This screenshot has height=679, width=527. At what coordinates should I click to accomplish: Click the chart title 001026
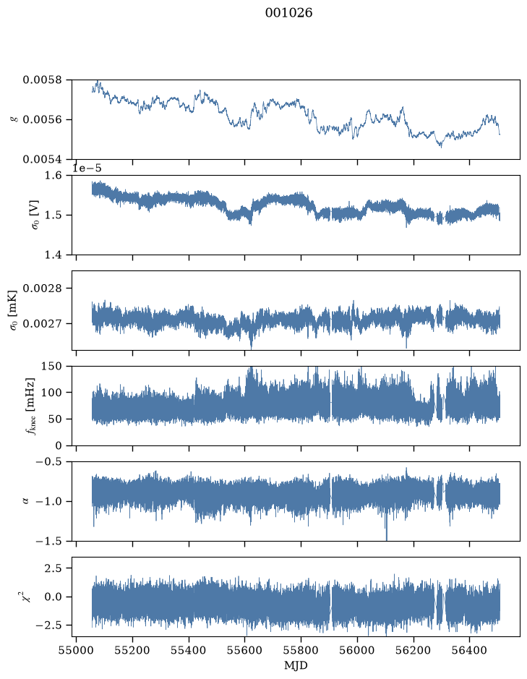(288, 13)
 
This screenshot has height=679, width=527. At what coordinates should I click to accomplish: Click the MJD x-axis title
(296, 665)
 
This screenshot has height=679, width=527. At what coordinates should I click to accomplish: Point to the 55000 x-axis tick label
(76, 651)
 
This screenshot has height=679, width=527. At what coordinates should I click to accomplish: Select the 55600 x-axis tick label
(245, 651)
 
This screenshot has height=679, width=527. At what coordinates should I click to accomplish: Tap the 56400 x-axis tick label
(470, 651)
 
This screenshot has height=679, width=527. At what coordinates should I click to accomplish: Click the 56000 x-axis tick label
(358, 651)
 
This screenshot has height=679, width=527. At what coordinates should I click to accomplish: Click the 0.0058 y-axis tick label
(43, 80)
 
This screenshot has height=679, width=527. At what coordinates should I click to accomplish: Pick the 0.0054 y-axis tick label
(43, 160)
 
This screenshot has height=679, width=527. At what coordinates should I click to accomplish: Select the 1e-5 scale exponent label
(87, 168)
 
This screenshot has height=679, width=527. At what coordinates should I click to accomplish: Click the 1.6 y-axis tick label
(53, 176)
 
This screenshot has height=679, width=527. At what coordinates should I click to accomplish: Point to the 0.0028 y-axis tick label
(43, 289)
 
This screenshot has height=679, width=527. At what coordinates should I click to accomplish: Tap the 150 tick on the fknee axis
(51, 367)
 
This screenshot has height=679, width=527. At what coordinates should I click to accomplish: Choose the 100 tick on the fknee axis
(51, 393)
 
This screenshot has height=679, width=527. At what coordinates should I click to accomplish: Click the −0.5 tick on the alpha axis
(48, 462)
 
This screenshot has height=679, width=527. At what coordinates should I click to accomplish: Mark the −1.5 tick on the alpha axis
(48, 542)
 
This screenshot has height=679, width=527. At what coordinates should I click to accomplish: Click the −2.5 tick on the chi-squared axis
(48, 625)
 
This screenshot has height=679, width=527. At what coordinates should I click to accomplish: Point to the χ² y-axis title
(27, 597)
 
